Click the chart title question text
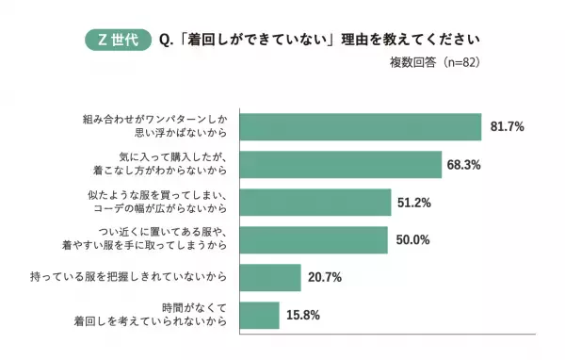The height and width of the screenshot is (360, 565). [x=319, y=41]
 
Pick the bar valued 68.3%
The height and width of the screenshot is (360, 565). [x=341, y=164]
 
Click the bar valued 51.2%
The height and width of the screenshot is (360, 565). [x=315, y=202]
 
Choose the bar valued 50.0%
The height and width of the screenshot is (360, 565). [x=314, y=239]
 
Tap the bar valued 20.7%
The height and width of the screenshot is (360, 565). [x=270, y=277]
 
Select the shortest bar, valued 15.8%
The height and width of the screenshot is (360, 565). [x=260, y=315]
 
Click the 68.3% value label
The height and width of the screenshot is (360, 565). [x=464, y=164]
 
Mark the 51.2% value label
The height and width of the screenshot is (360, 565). [x=413, y=202]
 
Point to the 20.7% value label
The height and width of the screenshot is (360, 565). [x=324, y=277]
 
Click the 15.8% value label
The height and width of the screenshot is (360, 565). [x=302, y=315]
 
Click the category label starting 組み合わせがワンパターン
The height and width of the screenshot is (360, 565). [x=154, y=126]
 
